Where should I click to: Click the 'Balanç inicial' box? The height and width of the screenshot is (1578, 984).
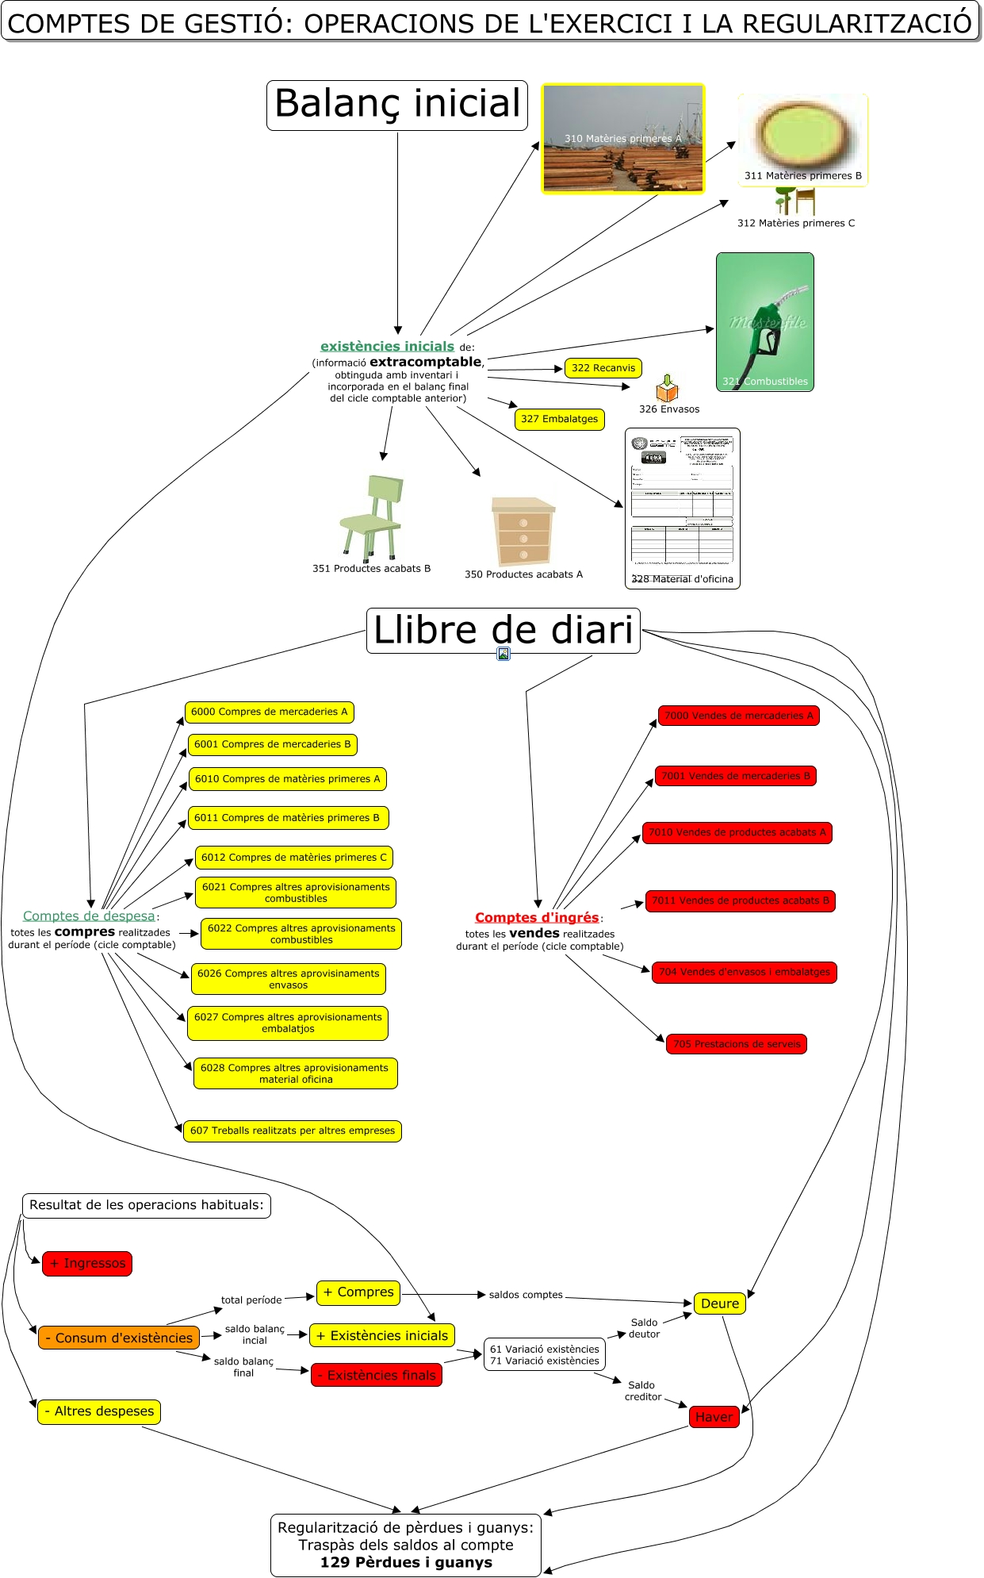click(397, 105)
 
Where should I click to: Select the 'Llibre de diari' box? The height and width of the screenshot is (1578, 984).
click(503, 631)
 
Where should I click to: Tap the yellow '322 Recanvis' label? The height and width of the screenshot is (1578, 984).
click(603, 368)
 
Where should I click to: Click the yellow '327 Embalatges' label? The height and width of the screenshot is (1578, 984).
click(559, 419)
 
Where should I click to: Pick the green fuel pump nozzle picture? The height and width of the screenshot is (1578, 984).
click(764, 321)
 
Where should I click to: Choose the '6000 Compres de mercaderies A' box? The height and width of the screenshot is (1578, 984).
click(269, 712)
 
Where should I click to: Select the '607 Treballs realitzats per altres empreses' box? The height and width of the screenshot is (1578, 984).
click(292, 1131)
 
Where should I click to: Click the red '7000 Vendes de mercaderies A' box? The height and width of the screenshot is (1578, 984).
click(738, 716)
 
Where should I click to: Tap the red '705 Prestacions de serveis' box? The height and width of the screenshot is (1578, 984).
click(737, 1044)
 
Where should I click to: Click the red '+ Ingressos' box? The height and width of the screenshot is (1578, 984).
click(87, 1264)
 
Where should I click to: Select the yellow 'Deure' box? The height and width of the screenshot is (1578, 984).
click(719, 1303)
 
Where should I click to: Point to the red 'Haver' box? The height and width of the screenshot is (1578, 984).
click(714, 1417)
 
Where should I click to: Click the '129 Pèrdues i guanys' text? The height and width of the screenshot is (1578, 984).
click(406, 1562)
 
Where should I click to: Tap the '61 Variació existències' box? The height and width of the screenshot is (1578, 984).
click(544, 1349)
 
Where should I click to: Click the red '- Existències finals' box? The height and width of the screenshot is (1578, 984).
click(376, 1375)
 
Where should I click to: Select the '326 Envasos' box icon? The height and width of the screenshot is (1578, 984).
click(668, 389)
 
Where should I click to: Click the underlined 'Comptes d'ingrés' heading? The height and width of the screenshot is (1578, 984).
click(537, 918)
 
